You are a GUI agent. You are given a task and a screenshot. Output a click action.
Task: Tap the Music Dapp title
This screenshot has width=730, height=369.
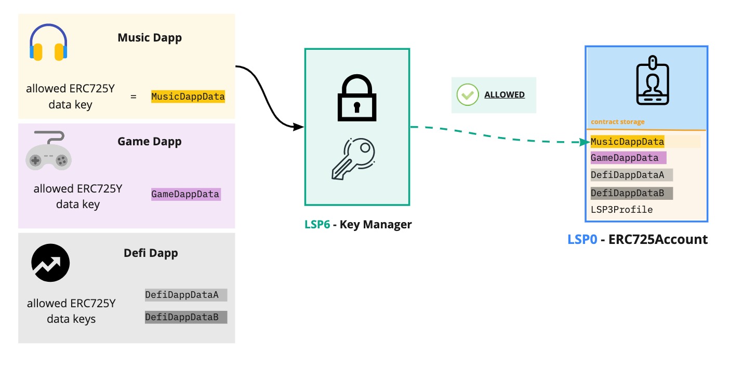click(x=150, y=38)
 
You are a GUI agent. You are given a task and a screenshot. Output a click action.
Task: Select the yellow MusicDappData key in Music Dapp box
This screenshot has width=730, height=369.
click(x=188, y=97)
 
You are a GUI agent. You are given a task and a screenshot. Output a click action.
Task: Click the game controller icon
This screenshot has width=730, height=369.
click(x=48, y=151)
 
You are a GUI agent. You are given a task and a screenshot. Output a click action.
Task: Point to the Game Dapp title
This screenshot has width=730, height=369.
click(x=150, y=142)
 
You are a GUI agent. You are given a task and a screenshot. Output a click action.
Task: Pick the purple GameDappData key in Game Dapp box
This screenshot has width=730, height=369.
click(x=185, y=195)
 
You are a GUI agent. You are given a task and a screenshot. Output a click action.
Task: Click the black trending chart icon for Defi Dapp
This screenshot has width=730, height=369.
click(x=50, y=263)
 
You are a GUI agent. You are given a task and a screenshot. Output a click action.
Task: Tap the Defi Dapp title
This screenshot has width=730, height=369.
click(x=151, y=253)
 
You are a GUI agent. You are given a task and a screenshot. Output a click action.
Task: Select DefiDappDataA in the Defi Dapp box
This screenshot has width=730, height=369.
click(x=185, y=295)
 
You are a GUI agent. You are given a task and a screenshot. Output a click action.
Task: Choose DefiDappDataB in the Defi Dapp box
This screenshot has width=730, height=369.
click(x=185, y=317)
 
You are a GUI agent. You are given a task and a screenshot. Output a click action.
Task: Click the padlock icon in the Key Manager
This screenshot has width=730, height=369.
click(x=356, y=99)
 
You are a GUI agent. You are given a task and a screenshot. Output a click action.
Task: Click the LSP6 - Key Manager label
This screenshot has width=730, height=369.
click(x=358, y=225)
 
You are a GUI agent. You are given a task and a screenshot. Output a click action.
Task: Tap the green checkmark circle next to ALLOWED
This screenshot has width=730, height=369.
click(x=468, y=95)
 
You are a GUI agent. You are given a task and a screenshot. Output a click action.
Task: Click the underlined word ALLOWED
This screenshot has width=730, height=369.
click(x=504, y=95)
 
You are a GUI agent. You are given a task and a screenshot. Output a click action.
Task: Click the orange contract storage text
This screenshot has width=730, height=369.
click(x=617, y=122)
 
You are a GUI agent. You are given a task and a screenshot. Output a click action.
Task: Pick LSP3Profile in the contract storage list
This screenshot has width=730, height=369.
click(x=621, y=210)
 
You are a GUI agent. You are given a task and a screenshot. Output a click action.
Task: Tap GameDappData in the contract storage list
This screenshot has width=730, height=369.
click(x=628, y=158)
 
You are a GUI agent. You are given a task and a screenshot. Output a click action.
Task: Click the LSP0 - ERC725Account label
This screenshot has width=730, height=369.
click(x=638, y=239)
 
